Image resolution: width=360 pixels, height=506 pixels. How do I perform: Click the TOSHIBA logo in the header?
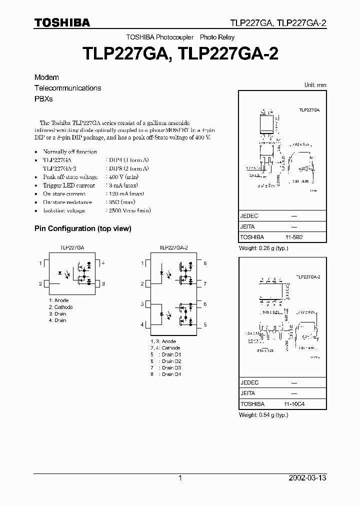62,22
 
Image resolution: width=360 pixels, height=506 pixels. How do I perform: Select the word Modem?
46,77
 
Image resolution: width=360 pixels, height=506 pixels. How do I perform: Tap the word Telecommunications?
67,88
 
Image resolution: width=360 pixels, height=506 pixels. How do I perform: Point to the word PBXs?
43,98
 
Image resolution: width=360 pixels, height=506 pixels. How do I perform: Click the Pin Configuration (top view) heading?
82,228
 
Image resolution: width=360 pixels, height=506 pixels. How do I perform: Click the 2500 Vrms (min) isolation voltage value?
129,210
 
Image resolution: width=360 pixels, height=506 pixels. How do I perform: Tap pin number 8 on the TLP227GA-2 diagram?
205,263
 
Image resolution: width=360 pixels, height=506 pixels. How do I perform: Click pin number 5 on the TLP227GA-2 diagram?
205,324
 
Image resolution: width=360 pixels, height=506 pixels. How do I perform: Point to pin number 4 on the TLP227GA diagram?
103,263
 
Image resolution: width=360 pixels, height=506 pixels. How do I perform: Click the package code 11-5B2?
294,237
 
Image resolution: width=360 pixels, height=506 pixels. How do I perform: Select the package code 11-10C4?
295,402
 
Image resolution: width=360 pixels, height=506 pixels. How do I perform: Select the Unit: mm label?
315,85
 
